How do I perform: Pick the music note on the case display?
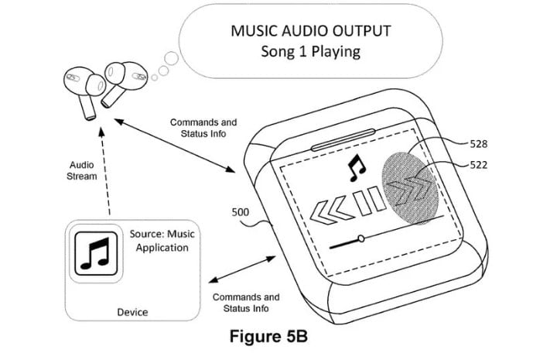356,165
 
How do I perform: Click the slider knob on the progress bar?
360,238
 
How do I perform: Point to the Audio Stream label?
83,170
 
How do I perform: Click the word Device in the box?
132,312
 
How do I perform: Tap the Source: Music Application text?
161,242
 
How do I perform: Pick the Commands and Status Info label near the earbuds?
203,129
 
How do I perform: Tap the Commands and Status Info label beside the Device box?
245,303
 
